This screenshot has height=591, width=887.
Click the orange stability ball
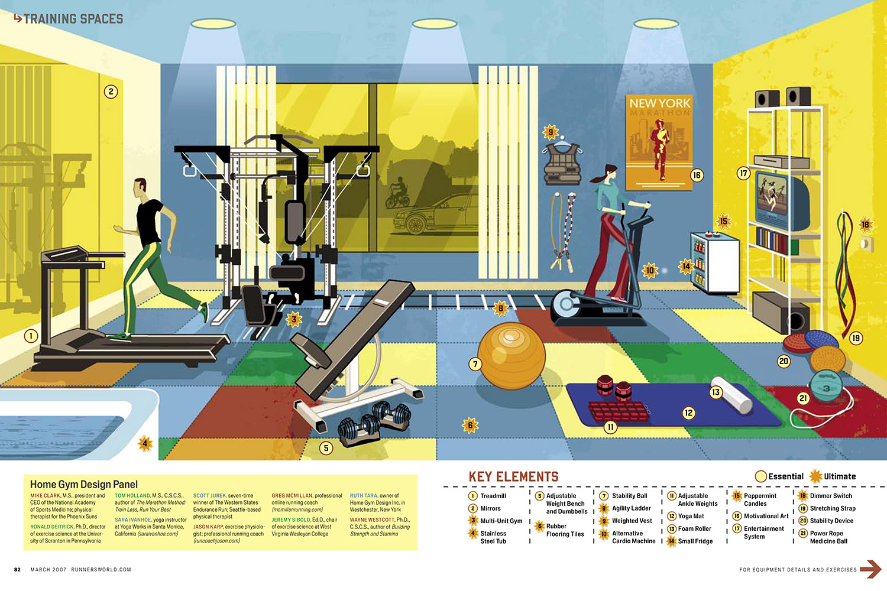(511, 355)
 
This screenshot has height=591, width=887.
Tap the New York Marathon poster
(659, 142)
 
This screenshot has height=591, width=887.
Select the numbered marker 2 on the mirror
(111, 92)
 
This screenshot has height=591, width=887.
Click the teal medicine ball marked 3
(826, 387)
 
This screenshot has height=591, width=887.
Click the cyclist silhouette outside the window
(397, 194)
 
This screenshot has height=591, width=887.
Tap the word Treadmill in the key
(493, 496)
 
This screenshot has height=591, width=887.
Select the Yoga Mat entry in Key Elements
(691, 516)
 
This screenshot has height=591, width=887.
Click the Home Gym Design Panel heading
(84, 484)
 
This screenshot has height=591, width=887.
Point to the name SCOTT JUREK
(209, 496)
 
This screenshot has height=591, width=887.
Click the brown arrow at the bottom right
(870, 569)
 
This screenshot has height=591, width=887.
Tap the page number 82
(17, 570)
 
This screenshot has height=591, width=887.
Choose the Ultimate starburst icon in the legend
(816, 476)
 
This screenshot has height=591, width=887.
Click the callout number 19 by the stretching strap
(856, 338)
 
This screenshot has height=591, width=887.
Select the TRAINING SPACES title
(73, 19)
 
